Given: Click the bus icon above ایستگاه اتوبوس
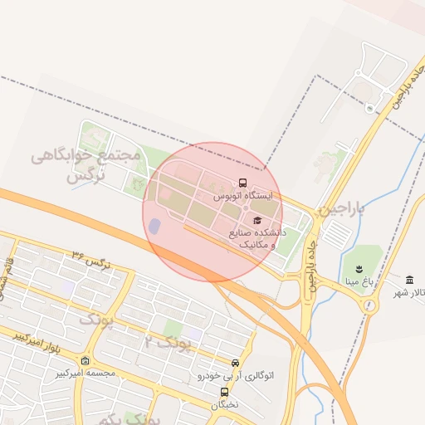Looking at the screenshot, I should (x=242, y=183).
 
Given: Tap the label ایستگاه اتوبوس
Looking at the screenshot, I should (x=243, y=197).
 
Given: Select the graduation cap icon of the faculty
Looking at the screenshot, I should (x=256, y=220).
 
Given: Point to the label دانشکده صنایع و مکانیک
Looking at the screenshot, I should (x=261, y=239).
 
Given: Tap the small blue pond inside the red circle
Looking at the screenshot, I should (x=154, y=226).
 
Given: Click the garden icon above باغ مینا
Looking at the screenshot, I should (x=359, y=268).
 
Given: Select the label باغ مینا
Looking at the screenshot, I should (x=359, y=282).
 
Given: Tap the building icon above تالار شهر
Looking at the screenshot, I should (x=410, y=278).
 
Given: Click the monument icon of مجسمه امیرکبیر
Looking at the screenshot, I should (x=86, y=360).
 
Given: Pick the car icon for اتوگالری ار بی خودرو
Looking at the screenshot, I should (x=236, y=363).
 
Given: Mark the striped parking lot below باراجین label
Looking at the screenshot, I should (x=337, y=234).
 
